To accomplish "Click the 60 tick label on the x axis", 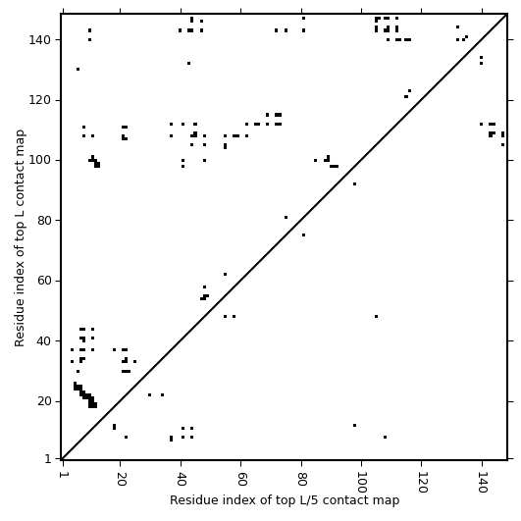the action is tap(241, 479).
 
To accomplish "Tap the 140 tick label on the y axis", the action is tap(39, 40).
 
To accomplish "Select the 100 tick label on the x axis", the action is tap(361, 483).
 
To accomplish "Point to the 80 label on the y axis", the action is tap(43, 221).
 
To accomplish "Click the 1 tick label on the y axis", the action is tap(48, 459).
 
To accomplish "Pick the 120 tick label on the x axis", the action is tap(422, 483).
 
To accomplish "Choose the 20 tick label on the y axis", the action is tap(43, 401).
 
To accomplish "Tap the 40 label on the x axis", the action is tap(182, 479).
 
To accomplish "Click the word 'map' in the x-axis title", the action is tap(389, 500).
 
